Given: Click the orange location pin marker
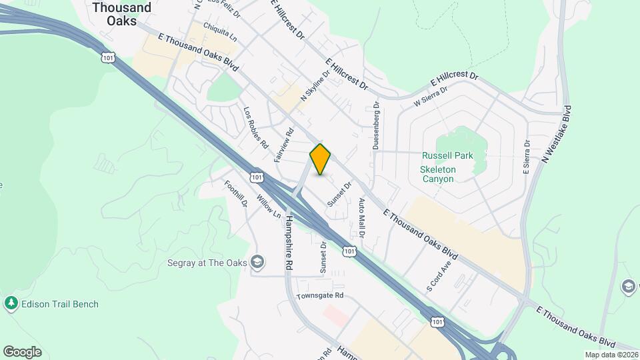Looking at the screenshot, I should click(x=320, y=159).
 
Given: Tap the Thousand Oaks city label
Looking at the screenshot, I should click(x=122, y=14).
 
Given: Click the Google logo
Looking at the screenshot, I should click(x=22, y=352).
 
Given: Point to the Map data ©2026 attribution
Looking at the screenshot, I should click(x=611, y=355).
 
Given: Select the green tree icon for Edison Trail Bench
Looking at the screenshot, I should click(x=11, y=304).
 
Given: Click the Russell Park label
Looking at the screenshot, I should click(x=447, y=155).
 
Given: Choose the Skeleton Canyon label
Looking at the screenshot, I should click(x=437, y=174).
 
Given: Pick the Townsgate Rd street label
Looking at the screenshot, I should click(x=320, y=295).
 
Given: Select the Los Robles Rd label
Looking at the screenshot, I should click(x=255, y=127).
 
